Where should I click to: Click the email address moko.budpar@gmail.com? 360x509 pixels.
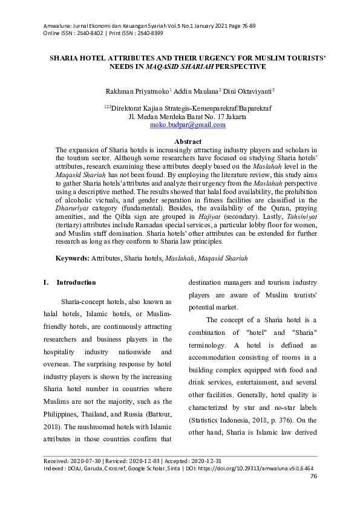[x=188, y=125]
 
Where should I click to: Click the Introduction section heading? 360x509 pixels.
[x=76, y=282]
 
